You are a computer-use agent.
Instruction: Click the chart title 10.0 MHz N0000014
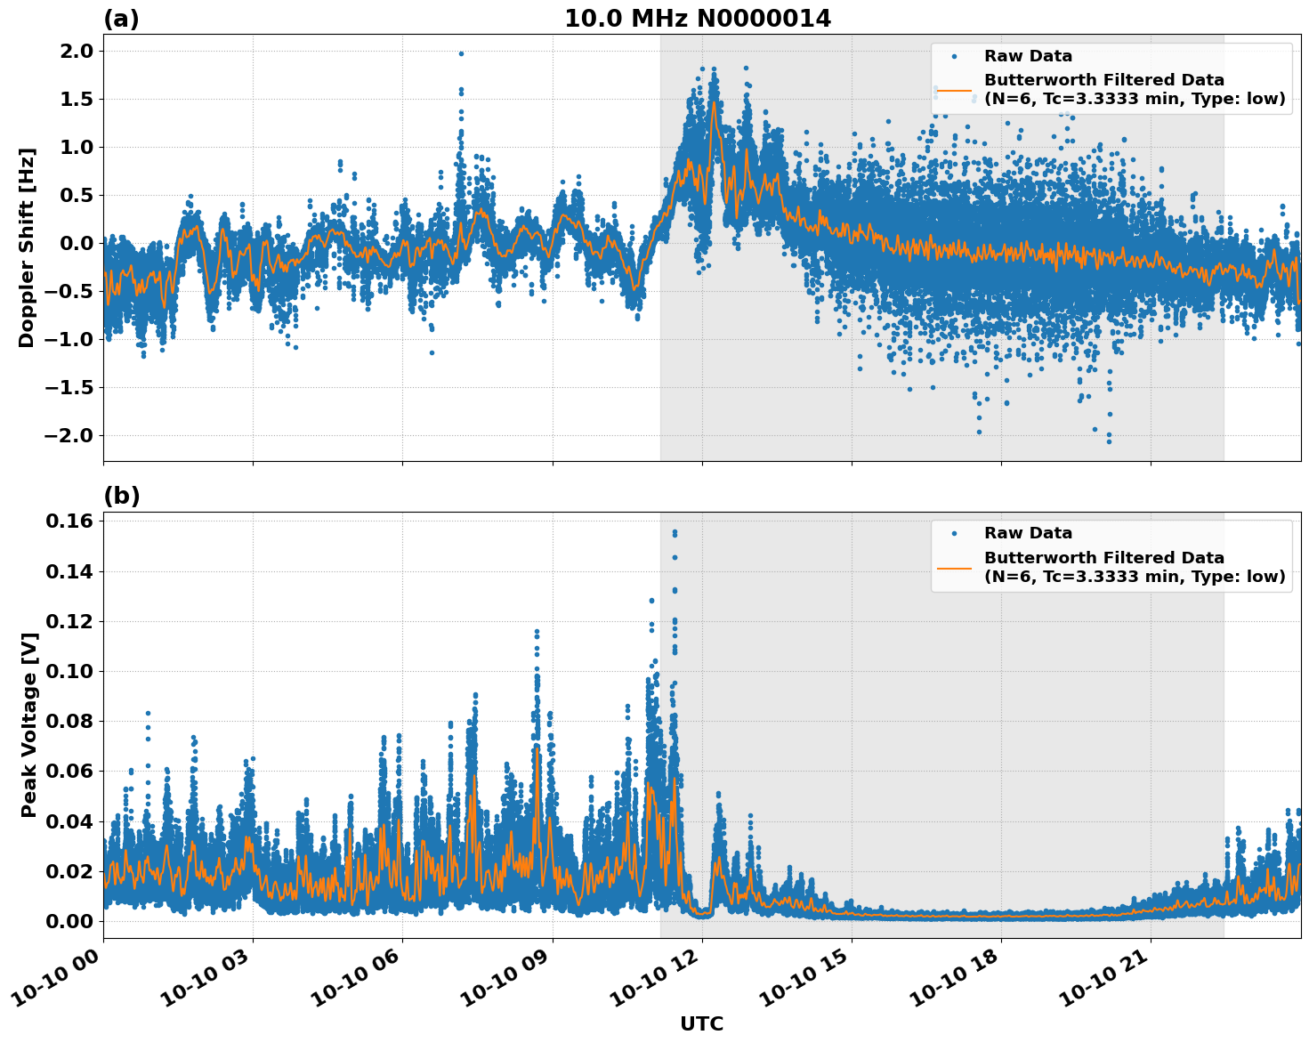point(697,19)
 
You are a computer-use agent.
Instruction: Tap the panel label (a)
point(121,19)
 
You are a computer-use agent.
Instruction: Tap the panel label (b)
point(121,497)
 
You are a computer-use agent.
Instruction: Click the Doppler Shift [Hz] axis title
point(28,247)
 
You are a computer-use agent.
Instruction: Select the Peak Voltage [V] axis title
point(29,725)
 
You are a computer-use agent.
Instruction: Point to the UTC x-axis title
point(701,1023)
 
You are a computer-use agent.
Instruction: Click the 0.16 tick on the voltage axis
point(69,521)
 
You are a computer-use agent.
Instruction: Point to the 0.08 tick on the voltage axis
point(69,721)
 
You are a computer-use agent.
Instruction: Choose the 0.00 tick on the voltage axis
point(69,920)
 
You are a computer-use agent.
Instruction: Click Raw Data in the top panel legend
point(1028,56)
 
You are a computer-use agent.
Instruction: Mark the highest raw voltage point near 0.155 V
point(675,532)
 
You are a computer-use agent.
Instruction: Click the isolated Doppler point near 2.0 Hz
point(461,53)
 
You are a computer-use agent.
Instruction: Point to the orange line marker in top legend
point(954,89)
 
